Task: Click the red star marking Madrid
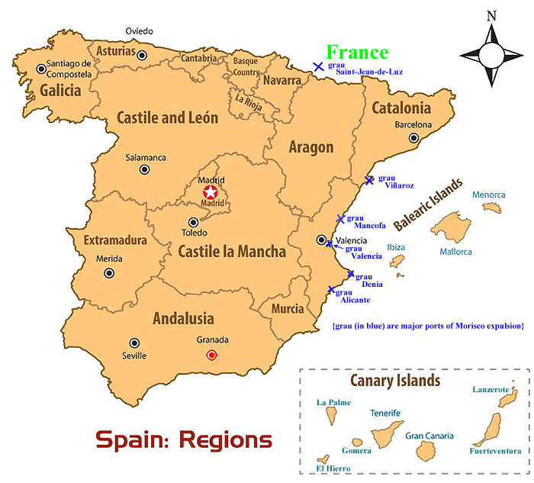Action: coord(211,192)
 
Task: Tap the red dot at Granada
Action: coord(211,355)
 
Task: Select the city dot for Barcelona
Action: coord(413,138)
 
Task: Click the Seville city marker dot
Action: coord(135,343)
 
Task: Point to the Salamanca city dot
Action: coord(144,170)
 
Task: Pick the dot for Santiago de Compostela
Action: coord(41,69)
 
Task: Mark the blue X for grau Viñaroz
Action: coord(369,180)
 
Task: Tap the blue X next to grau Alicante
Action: coord(331,290)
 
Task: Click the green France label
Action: coord(357,52)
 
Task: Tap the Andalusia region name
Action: coord(182,318)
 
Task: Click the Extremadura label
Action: coord(115,240)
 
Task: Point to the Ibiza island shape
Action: coord(397,262)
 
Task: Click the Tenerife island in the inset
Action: coord(386,436)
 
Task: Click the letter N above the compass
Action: coord(491,15)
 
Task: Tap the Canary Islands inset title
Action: coord(394,381)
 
